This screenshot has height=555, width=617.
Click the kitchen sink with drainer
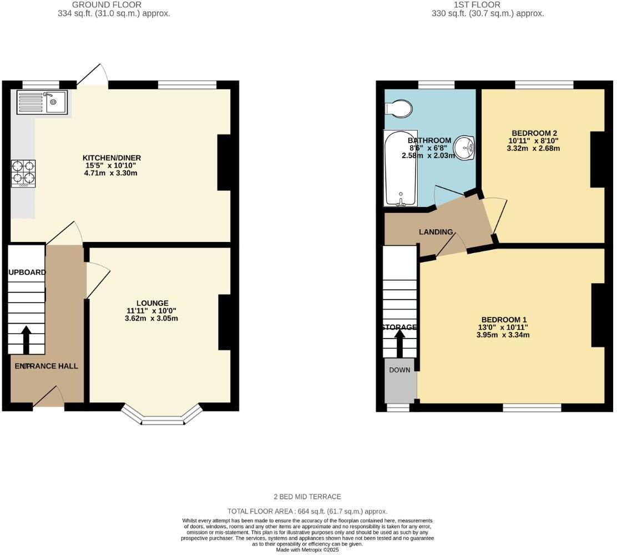point(42,102)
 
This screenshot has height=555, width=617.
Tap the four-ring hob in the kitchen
point(23,172)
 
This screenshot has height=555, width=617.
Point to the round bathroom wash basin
point(464,148)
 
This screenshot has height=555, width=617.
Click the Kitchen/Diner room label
point(108,158)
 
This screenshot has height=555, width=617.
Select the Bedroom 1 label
point(503,320)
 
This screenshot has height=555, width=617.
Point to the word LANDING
point(436,232)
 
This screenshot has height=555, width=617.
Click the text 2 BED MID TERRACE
point(308,497)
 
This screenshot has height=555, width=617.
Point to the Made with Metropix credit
point(308,549)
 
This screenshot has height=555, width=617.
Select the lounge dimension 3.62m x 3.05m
point(151,319)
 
